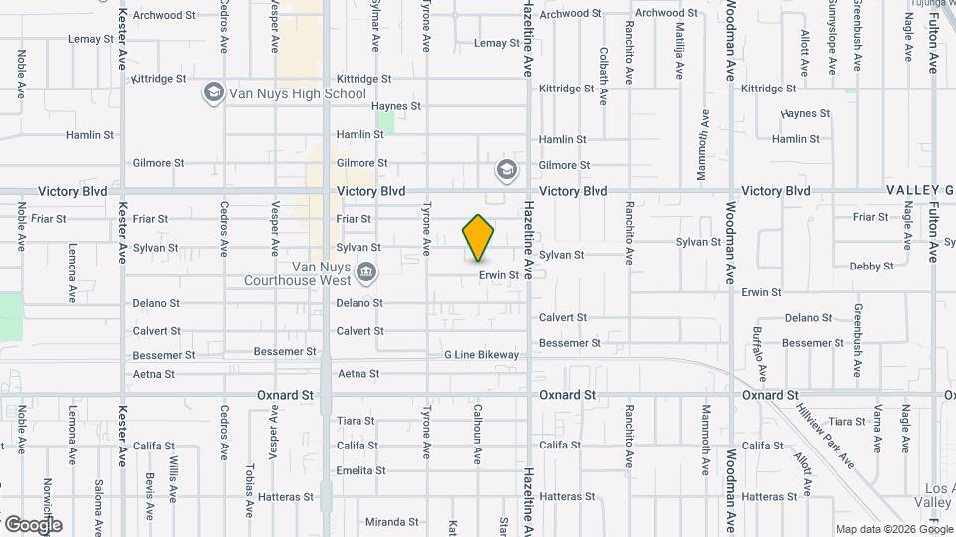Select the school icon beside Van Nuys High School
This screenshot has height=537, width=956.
(213, 93)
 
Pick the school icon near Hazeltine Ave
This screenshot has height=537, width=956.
(507, 169)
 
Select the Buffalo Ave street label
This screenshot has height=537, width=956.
(759, 353)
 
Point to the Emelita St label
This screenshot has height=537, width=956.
(360, 470)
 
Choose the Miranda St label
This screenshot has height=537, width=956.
(391, 522)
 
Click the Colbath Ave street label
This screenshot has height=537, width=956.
(604, 76)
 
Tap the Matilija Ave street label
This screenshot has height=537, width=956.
(679, 50)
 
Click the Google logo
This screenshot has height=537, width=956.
(33, 525)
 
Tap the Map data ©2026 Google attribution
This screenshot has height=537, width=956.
(893, 529)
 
